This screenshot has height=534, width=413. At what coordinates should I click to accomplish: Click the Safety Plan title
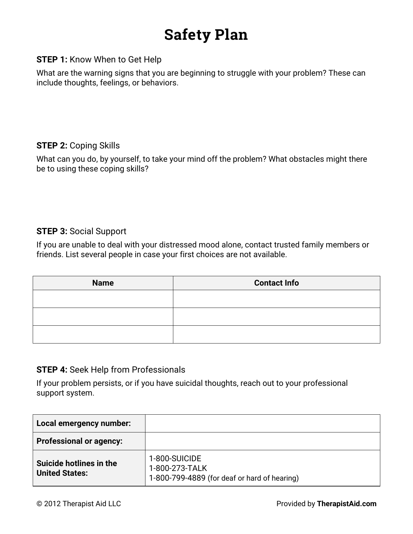[x=206, y=35]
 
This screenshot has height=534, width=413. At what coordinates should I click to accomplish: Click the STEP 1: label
[x=52, y=60]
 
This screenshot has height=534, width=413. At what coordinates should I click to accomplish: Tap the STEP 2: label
[x=52, y=146]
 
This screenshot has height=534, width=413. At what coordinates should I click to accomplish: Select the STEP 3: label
[x=52, y=231]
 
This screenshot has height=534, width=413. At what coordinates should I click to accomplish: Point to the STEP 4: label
[x=52, y=370]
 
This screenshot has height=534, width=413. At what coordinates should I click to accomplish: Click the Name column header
[x=103, y=283]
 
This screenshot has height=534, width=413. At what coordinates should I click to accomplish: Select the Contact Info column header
[x=276, y=283]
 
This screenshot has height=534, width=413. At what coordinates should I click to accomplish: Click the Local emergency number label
[x=84, y=423]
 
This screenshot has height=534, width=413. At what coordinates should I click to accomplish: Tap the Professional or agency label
[x=79, y=441]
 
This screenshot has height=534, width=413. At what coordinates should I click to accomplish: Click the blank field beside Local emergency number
[x=262, y=423]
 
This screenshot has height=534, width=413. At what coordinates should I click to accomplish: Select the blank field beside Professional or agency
[x=262, y=441]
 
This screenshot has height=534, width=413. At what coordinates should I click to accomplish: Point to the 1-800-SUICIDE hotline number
[x=175, y=459]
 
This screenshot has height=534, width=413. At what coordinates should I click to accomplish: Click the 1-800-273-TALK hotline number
[x=178, y=468]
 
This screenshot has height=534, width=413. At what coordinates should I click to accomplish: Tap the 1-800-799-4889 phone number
[x=177, y=478]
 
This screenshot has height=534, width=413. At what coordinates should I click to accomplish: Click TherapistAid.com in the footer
[x=347, y=504]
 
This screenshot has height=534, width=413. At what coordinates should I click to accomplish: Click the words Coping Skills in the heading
[x=95, y=146]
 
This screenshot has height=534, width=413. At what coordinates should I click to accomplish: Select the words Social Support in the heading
[x=98, y=231]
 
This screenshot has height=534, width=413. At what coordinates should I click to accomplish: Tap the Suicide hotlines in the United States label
[x=77, y=468]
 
